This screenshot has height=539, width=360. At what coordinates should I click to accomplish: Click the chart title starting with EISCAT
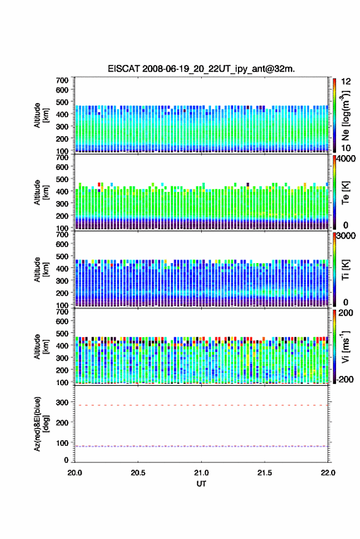pos(201,69)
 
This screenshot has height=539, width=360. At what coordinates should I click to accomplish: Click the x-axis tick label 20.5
pos(138,473)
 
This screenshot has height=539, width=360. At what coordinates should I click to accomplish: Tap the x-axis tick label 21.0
pos(201,473)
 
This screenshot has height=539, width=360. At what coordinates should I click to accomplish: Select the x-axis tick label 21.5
pos(264,473)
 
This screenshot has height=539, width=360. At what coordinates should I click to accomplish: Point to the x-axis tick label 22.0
pos(327,473)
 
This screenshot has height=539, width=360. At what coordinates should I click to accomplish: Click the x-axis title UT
pos(201,484)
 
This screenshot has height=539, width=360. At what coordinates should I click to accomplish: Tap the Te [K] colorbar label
pos(345,193)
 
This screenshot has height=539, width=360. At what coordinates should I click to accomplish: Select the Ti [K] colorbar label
pos(345,270)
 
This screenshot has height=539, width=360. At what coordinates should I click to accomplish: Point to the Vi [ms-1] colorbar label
pos(345,346)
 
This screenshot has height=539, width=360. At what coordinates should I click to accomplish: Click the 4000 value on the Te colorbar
pos(345,159)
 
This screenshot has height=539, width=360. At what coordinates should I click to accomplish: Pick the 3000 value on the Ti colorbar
pos(345,236)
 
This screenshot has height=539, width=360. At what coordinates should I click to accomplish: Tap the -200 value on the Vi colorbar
pos(345,380)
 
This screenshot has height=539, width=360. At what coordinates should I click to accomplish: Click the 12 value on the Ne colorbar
pos(346,82)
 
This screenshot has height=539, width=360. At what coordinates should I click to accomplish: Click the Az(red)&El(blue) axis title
pos(41,424)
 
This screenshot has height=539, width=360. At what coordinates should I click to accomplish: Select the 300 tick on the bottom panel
pos(62,402)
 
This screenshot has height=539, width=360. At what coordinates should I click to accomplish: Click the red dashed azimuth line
pos(201,405)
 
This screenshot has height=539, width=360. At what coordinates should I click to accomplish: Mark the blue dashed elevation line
pos(201,446)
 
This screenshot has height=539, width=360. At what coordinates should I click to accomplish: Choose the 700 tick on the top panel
pos(62,80)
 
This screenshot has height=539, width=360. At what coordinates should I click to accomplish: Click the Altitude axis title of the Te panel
pos(41,193)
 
